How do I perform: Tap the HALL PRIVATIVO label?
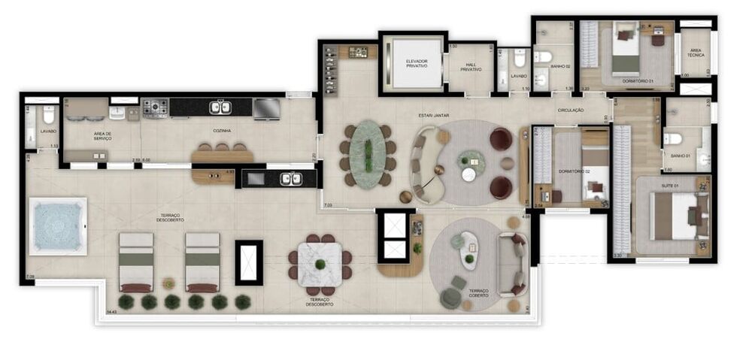[x=471, y=67]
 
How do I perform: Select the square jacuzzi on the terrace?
[x=57, y=225]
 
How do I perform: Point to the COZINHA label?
[x=221, y=130]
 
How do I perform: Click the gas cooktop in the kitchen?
[x=155, y=108]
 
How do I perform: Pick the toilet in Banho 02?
[x=543, y=56]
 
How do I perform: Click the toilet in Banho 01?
[x=674, y=138]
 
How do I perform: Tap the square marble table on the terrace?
[x=320, y=263]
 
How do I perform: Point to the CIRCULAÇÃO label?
[x=572, y=110]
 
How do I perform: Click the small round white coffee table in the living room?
[x=468, y=174]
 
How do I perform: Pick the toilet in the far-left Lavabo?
[x=48, y=115]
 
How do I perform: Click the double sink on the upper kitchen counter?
[x=220, y=107]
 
